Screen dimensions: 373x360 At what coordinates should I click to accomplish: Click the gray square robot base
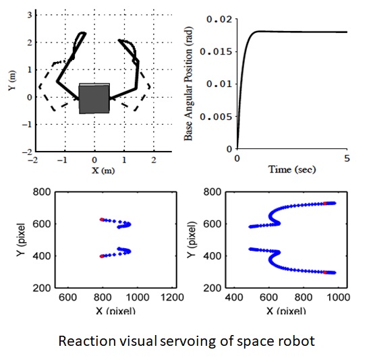[94, 98]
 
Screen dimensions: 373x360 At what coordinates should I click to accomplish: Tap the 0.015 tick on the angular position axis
[216, 52]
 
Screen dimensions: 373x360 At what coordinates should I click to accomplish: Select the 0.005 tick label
[216, 117]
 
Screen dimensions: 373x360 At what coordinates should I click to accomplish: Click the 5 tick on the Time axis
[347, 158]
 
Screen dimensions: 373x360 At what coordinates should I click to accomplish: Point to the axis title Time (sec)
[292, 169]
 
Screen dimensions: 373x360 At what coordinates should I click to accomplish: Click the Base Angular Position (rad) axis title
[188, 84]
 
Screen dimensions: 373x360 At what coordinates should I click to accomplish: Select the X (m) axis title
[103, 171]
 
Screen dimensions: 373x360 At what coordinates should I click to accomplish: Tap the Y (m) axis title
[12, 80]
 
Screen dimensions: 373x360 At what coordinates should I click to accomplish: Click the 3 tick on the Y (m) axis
[30, 15]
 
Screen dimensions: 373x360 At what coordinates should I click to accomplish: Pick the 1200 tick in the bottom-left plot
[172, 297]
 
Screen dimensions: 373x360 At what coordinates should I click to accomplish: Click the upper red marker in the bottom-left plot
[102, 220]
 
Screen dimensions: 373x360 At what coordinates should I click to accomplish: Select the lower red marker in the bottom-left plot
[102, 256]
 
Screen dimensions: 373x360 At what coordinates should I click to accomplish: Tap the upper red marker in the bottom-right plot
[325, 204]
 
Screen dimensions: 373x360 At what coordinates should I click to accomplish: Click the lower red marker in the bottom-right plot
[325, 272]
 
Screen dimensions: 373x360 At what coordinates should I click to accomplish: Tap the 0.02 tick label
[219, 19]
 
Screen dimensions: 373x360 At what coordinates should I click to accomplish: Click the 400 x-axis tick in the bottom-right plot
[234, 297]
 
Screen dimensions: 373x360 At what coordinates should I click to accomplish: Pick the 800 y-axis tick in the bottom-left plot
[42, 191]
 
